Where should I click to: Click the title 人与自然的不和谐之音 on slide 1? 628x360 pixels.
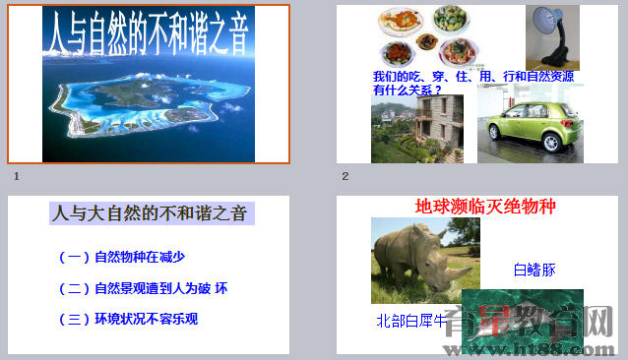(148, 34)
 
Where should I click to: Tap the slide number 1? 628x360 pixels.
(17, 176)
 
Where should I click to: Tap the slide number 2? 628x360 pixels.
(345, 176)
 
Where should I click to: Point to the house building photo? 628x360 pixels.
(417, 128)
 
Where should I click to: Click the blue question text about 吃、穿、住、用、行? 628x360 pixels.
(472, 83)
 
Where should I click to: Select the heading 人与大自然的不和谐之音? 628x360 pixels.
(149, 212)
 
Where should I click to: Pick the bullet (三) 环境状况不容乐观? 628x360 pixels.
(129, 319)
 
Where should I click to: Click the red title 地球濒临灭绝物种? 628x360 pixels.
(485, 207)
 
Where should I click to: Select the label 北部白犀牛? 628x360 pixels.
(410, 321)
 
